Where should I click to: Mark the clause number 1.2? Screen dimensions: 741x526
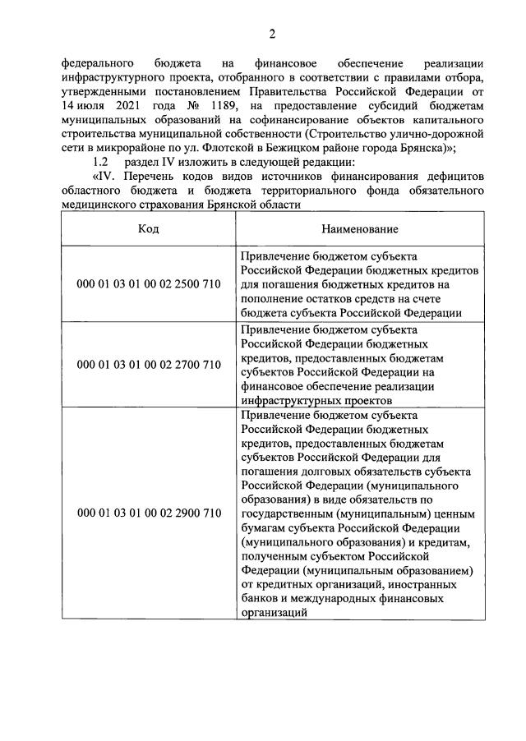point(100,162)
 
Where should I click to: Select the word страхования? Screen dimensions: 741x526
point(173,204)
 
